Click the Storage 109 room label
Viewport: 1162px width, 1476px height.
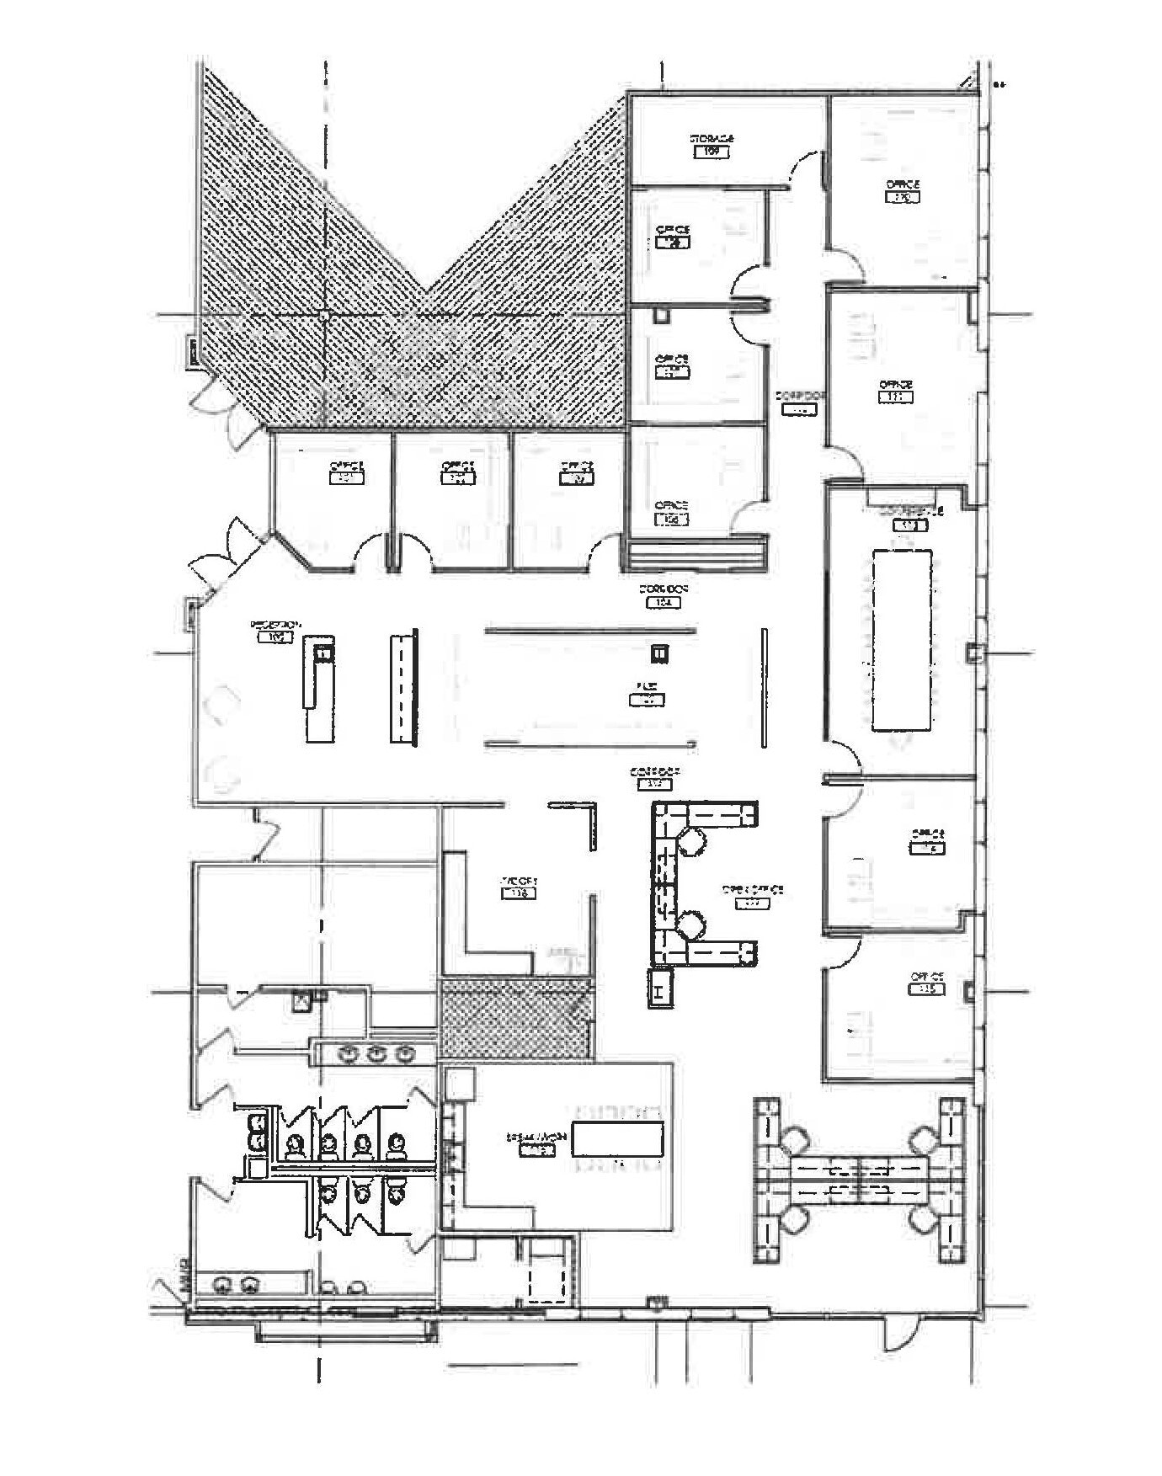(x=712, y=145)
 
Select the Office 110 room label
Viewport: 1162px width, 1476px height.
(x=902, y=190)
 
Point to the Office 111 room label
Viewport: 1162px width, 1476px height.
(x=895, y=391)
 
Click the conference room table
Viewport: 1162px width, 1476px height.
(x=901, y=639)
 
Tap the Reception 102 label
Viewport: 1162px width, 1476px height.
(x=275, y=631)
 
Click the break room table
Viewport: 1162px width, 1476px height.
(x=617, y=1139)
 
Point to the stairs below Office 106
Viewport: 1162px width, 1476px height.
(x=696, y=555)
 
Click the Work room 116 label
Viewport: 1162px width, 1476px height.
(x=519, y=887)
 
